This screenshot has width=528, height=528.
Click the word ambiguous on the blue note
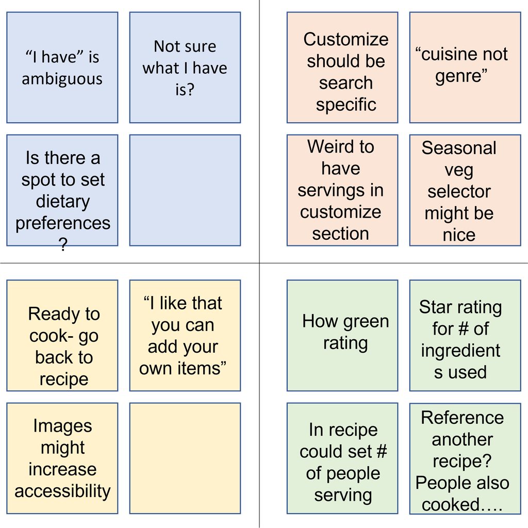(62, 79)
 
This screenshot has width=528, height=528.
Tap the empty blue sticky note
(185, 190)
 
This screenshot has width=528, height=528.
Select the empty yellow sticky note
(185, 458)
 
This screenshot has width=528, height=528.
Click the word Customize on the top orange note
(346, 39)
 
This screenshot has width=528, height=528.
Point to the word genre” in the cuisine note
(461, 76)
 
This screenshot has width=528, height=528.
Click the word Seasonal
(459, 148)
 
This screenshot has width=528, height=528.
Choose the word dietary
(62, 202)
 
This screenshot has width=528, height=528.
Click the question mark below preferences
(63, 244)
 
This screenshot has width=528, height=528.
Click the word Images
(62, 426)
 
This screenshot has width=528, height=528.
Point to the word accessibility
(62, 491)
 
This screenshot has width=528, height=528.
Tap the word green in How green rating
(367, 322)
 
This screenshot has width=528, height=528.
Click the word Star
(433, 307)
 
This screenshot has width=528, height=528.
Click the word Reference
(463, 418)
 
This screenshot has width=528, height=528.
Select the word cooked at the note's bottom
(451, 504)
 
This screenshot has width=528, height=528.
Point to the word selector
(459, 191)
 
